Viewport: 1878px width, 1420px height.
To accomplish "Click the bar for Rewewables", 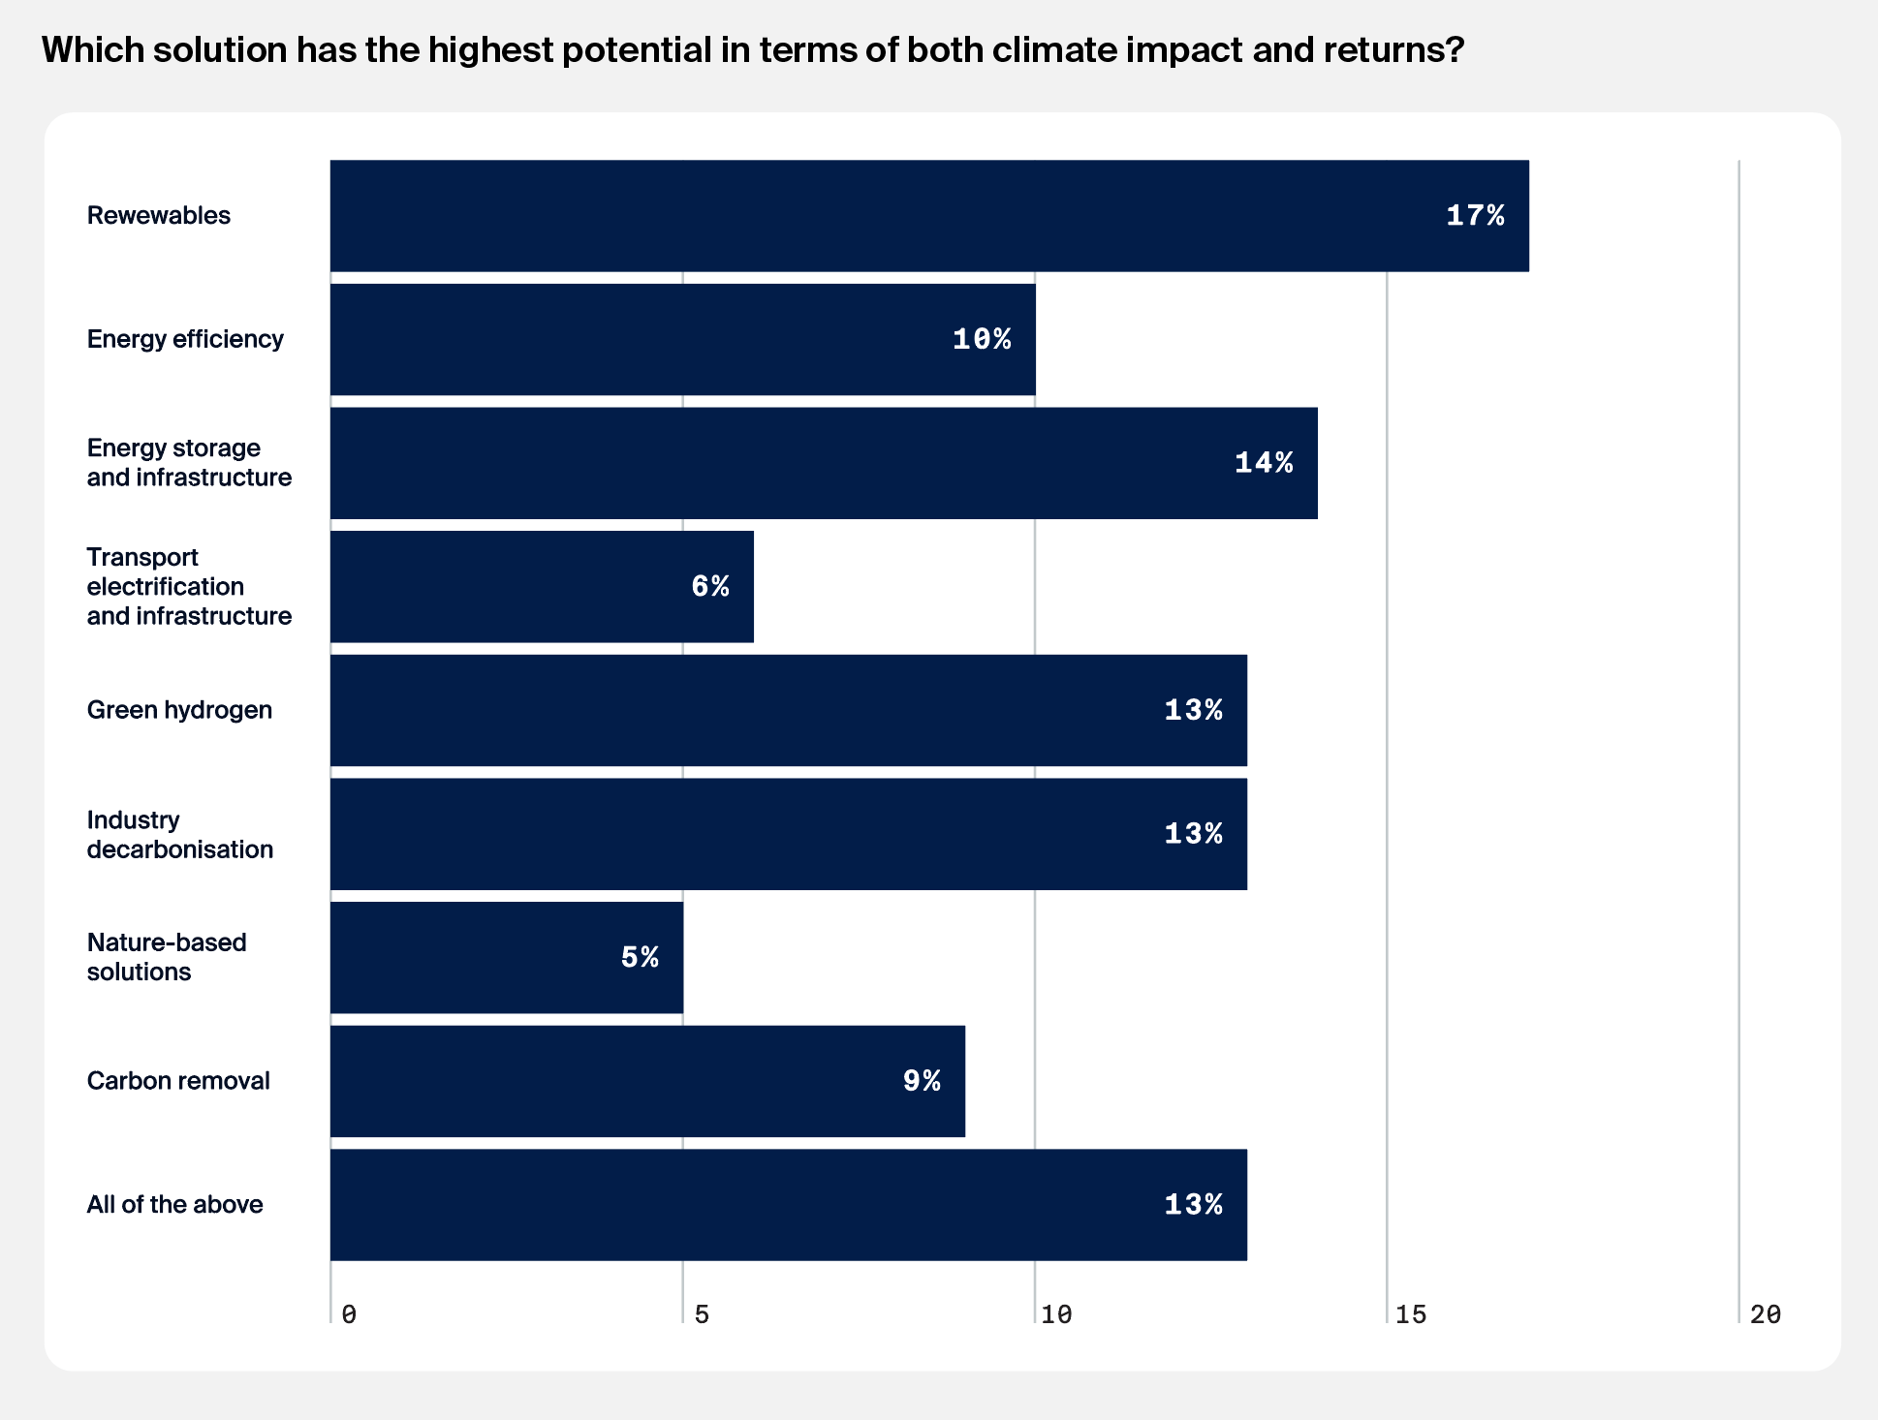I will (x=928, y=216).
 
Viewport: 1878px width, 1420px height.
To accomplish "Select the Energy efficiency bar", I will (x=682, y=339).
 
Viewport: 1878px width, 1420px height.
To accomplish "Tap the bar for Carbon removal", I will (x=647, y=1081).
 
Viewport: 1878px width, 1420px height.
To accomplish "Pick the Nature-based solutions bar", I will (x=506, y=958).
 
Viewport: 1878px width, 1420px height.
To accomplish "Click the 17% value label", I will (x=1475, y=216).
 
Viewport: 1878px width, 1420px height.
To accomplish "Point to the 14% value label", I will (x=1264, y=463).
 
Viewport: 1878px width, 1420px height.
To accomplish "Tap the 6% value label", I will (x=710, y=586).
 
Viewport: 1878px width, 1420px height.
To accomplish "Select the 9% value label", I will (x=922, y=1081).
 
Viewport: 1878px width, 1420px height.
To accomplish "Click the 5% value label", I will (x=640, y=958).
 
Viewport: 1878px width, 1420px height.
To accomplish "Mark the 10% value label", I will (x=982, y=339).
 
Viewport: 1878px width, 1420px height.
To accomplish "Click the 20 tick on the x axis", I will (x=1766, y=1314).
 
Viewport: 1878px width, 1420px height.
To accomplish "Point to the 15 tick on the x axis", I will (x=1411, y=1314).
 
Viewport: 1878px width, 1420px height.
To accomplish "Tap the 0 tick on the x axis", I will (x=349, y=1314).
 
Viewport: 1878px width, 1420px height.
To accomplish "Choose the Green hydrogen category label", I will (x=179, y=710).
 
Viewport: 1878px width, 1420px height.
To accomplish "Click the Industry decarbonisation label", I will (x=179, y=834).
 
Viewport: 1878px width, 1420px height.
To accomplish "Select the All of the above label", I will (x=174, y=1204).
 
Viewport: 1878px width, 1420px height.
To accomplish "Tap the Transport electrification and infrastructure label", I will (x=189, y=586).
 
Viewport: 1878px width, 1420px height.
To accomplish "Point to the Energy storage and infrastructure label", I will (x=189, y=462).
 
